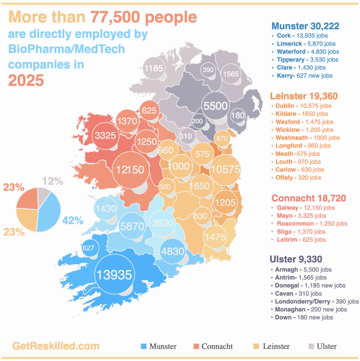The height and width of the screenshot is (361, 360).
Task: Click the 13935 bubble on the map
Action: click(115, 274)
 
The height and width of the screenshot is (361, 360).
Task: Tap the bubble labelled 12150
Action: click(131, 170)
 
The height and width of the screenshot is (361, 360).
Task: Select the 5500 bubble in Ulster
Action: click(216, 106)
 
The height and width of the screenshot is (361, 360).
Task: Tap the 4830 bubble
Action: click(173, 251)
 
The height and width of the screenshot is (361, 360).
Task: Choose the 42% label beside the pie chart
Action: click(73, 220)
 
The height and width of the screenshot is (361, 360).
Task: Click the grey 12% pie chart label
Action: click(53, 181)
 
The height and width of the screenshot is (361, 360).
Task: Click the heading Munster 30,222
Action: click(305, 26)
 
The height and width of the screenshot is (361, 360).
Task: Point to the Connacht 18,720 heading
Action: click(309, 198)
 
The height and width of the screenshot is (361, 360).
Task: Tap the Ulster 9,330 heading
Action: click(296, 259)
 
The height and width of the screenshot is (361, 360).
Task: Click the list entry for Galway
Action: click(306, 207)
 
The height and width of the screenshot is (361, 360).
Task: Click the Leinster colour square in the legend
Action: click(256, 346)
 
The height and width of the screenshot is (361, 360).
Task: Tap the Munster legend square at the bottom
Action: click(144, 346)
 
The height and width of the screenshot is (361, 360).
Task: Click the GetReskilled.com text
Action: click(56, 346)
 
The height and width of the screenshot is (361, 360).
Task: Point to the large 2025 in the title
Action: click(26, 80)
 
